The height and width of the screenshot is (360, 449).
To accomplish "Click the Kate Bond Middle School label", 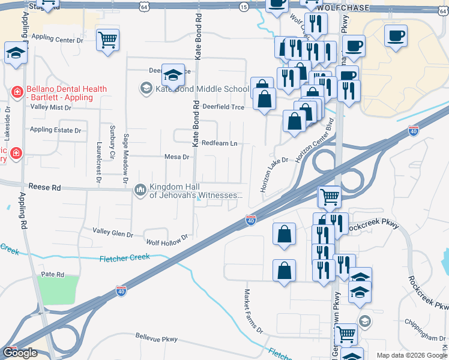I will click(x=202, y=89).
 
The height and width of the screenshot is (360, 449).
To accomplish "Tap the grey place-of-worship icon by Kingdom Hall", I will click(x=140, y=190).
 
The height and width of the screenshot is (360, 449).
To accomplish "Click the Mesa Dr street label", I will click(x=177, y=157).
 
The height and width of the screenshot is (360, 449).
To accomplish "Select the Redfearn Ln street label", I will click(x=219, y=143).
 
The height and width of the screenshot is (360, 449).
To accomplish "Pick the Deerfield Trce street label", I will click(x=223, y=106).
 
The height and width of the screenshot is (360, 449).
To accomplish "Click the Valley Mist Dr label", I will click(x=50, y=107).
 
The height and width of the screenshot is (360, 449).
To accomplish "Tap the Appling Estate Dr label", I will click(x=55, y=130).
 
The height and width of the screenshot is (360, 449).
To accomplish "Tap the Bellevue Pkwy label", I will click(x=157, y=338).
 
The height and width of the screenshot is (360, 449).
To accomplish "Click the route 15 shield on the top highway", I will click(x=243, y=7).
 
